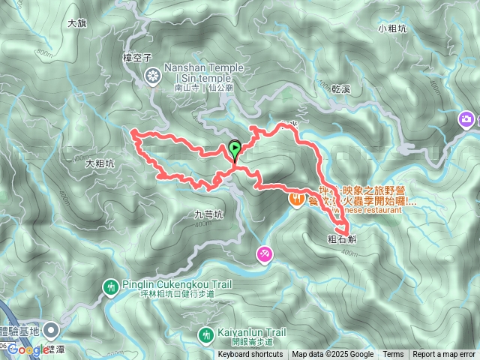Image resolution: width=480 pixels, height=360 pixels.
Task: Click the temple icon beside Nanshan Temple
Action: pos(154,75)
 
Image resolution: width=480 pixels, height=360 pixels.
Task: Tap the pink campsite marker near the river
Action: pos(264,254)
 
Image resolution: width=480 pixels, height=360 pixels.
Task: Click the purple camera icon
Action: pos(466,119)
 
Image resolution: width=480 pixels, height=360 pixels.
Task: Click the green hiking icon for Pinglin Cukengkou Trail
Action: pos(111,286)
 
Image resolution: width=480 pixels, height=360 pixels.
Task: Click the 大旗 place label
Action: pos(77,23)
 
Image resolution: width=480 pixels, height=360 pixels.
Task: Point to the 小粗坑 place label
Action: pos(392,29)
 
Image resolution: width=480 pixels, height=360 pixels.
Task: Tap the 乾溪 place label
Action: pos(341,88)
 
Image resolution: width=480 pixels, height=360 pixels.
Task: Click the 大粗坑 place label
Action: pos(100,163)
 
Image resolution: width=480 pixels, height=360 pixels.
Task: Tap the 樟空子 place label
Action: pos(138,57)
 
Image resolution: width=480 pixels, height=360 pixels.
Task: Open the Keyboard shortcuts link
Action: pos(250,355)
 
